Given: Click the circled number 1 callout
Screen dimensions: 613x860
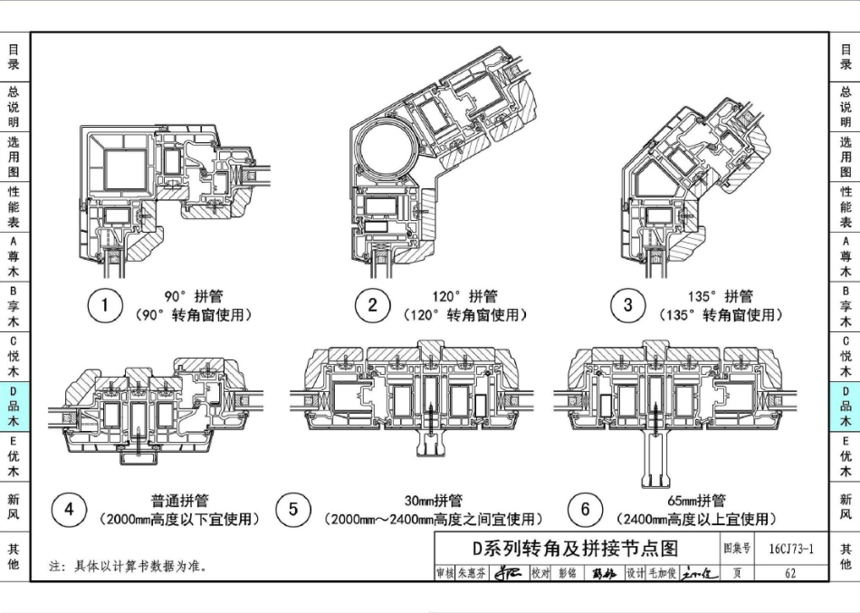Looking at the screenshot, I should point(105,305).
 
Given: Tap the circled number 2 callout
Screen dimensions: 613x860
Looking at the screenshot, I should point(372,305).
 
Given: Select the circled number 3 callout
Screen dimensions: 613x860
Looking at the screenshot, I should point(628,305).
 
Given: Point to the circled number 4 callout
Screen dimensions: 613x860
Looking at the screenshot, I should point(69,510).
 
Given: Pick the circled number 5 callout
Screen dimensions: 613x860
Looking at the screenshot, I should point(293,510).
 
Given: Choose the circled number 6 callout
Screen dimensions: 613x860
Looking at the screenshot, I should point(585,510).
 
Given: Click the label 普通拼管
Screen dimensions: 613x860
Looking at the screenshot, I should point(179,501).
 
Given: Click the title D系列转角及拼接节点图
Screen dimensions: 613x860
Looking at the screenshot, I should point(575,549).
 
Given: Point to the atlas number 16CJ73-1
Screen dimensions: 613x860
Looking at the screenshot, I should point(790,549).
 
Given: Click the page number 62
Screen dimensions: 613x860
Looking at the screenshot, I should point(790,573).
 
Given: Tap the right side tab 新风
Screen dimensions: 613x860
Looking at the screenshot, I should point(845,506).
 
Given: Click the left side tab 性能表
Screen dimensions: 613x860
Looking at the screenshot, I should point(14,206).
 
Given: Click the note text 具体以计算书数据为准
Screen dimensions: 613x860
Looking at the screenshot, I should point(137,567).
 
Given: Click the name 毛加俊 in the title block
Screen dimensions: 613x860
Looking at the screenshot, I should point(662,573).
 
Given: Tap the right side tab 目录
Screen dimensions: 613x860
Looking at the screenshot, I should point(845,57).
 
